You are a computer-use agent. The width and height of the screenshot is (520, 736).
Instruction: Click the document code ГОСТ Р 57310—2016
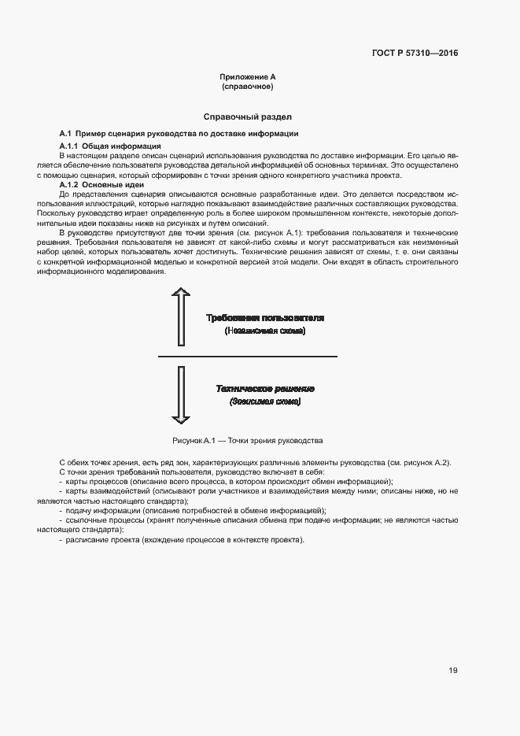414,54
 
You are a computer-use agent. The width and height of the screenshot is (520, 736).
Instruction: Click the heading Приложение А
247,76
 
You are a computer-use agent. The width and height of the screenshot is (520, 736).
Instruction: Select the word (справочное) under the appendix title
247,86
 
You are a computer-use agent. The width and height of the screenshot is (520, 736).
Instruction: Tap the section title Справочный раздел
247,116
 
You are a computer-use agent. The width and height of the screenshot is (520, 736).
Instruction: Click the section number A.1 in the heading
66,133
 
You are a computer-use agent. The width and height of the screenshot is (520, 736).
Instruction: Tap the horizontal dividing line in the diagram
247,357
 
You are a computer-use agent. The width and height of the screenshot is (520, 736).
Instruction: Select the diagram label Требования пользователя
264,318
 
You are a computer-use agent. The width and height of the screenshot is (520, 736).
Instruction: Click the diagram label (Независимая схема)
264,331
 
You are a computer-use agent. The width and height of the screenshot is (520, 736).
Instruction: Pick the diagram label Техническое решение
265,389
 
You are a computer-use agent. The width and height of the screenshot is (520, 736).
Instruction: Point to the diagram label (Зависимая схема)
265,401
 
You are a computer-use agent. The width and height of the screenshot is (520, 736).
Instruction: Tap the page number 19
453,671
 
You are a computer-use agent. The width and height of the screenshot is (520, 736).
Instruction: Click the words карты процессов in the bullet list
93,481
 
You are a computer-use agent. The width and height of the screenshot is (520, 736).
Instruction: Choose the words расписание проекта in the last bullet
101,539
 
